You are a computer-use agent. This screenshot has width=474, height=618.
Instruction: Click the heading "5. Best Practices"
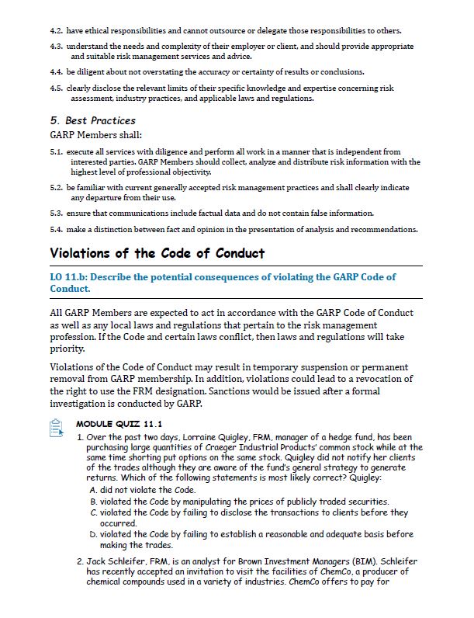click(92, 120)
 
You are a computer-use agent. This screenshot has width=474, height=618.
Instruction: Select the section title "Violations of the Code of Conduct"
click(157, 253)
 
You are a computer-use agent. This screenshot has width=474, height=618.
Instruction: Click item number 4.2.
click(56, 31)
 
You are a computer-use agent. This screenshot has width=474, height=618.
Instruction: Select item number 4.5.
click(56, 89)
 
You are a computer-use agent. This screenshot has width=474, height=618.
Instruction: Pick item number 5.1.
click(56, 151)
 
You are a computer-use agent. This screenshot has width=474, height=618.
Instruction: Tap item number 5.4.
click(56, 229)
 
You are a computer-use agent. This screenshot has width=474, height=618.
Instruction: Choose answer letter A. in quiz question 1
click(94, 491)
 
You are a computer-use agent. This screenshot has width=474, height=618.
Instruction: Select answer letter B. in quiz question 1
click(94, 502)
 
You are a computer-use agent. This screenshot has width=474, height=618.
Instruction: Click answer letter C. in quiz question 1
click(94, 512)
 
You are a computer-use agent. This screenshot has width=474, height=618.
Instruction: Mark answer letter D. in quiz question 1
click(94, 534)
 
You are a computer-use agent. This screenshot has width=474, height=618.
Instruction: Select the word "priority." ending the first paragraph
click(67, 349)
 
